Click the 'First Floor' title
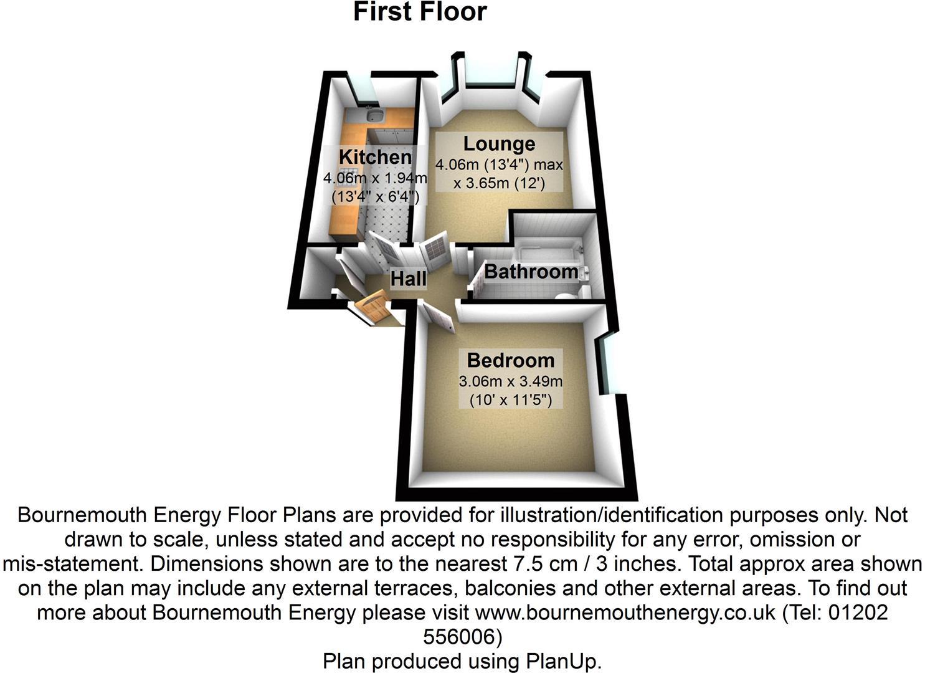[x=419, y=12]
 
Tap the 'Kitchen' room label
[x=375, y=156]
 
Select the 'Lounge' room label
[x=499, y=143]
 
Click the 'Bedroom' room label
[x=510, y=360]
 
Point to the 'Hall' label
[x=409, y=279]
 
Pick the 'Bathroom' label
[x=531, y=272]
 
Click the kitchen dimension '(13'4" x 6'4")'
[x=375, y=196]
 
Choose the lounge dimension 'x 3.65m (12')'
[x=499, y=183]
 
